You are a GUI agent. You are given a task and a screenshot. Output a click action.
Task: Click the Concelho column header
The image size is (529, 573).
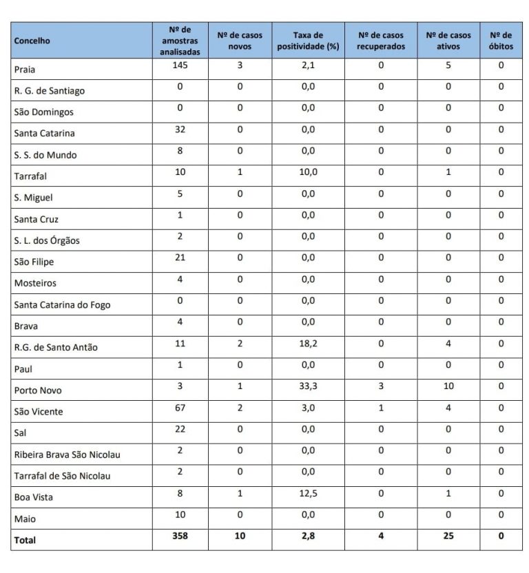coord(32,41)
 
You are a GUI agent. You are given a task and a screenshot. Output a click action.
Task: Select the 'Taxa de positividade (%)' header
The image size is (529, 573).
coord(308,41)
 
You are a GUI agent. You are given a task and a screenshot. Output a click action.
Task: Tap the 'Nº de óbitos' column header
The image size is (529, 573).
coord(501,41)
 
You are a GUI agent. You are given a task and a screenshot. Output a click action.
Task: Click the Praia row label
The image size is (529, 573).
coord(25,70)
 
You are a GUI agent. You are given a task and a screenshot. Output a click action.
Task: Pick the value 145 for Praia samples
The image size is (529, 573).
coord(180,65)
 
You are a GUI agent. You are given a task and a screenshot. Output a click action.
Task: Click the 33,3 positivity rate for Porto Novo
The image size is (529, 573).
coord(308,386)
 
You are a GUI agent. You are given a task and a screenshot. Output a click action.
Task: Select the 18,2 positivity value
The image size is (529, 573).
coord(308,344)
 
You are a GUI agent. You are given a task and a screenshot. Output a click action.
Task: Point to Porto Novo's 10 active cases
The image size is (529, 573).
coord(448,386)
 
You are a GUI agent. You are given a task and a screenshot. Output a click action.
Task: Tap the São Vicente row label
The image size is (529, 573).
coord(39,412)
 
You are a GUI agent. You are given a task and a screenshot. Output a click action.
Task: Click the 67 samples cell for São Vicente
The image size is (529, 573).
coord(180,408)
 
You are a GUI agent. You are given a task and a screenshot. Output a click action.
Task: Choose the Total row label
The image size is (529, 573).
coord(25,541)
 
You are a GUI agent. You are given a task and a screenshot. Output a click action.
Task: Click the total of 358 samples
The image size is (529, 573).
coord(180,536)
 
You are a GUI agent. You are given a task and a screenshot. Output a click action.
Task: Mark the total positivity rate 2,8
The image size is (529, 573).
coord(308,536)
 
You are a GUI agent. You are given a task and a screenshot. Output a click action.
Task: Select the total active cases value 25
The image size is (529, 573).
coord(448,536)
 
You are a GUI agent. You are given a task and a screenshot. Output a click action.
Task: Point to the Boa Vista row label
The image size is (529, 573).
coord(34,497)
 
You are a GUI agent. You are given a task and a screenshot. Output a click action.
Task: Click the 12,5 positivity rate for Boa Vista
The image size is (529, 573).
coord(308,493)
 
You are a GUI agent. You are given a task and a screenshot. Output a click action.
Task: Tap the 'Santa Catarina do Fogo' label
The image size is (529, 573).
coord(62,305)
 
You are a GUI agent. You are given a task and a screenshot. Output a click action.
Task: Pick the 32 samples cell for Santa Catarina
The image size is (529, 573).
coord(180,129)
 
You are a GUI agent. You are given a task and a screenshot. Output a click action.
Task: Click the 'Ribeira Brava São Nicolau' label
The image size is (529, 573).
coord(68,455)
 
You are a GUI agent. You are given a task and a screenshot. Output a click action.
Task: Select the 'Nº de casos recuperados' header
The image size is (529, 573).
coord(381,41)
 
